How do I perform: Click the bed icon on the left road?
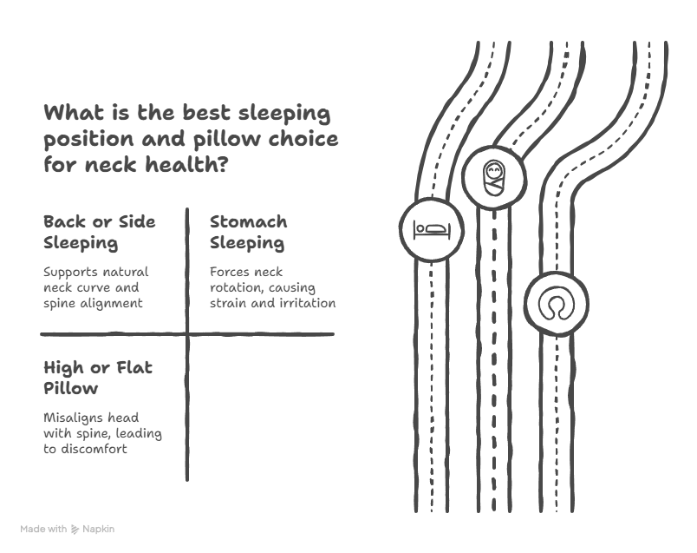coord(431,229)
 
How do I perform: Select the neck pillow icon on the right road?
coord(555,305)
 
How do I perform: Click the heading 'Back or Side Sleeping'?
coord(100,232)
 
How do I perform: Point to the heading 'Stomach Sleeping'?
coord(248,232)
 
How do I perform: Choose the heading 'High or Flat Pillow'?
coord(98,378)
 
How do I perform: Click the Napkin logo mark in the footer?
coord(75,529)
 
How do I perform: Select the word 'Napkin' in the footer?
coord(98,529)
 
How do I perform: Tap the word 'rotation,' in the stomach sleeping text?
coord(236,287)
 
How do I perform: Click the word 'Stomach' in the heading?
coord(248,221)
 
